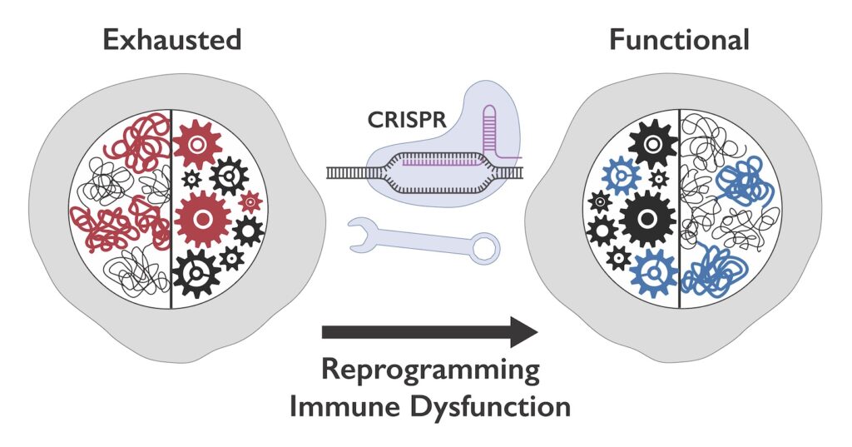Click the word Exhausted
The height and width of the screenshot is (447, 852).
(x=171, y=40)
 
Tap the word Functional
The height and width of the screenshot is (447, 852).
(x=680, y=40)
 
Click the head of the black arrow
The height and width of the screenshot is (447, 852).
(x=523, y=331)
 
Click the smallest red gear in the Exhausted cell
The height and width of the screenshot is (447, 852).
(x=250, y=201)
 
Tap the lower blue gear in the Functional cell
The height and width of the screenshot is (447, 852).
(x=654, y=271)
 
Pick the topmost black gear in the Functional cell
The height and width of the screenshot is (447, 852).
(x=652, y=144)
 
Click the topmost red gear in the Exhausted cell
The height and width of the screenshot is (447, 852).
(x=197, y=145)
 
